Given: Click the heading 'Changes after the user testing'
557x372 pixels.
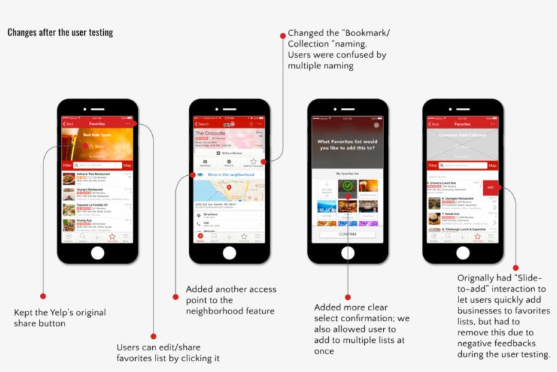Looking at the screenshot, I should point(60,33).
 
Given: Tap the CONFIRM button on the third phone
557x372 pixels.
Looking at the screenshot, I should point(347,234).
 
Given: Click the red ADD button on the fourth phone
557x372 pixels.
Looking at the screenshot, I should point(490,187).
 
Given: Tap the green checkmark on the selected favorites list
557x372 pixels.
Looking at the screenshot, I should point(347,185).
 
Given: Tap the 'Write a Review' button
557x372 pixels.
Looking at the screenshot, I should point(229,153).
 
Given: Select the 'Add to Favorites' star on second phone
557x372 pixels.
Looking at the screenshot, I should point(253,163).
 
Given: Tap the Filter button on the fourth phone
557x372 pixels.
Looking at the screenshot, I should point(433,165).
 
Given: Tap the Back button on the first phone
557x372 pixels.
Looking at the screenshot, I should point(69,124).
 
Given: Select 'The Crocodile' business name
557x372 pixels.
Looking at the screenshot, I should point(211,133).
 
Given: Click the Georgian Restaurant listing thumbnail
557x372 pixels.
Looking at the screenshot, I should point(434,203).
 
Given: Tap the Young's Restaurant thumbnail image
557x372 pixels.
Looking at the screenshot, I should point(69,193).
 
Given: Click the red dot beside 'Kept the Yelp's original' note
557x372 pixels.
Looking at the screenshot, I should point(43,296).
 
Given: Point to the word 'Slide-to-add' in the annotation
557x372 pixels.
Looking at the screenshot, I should point(517,289).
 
